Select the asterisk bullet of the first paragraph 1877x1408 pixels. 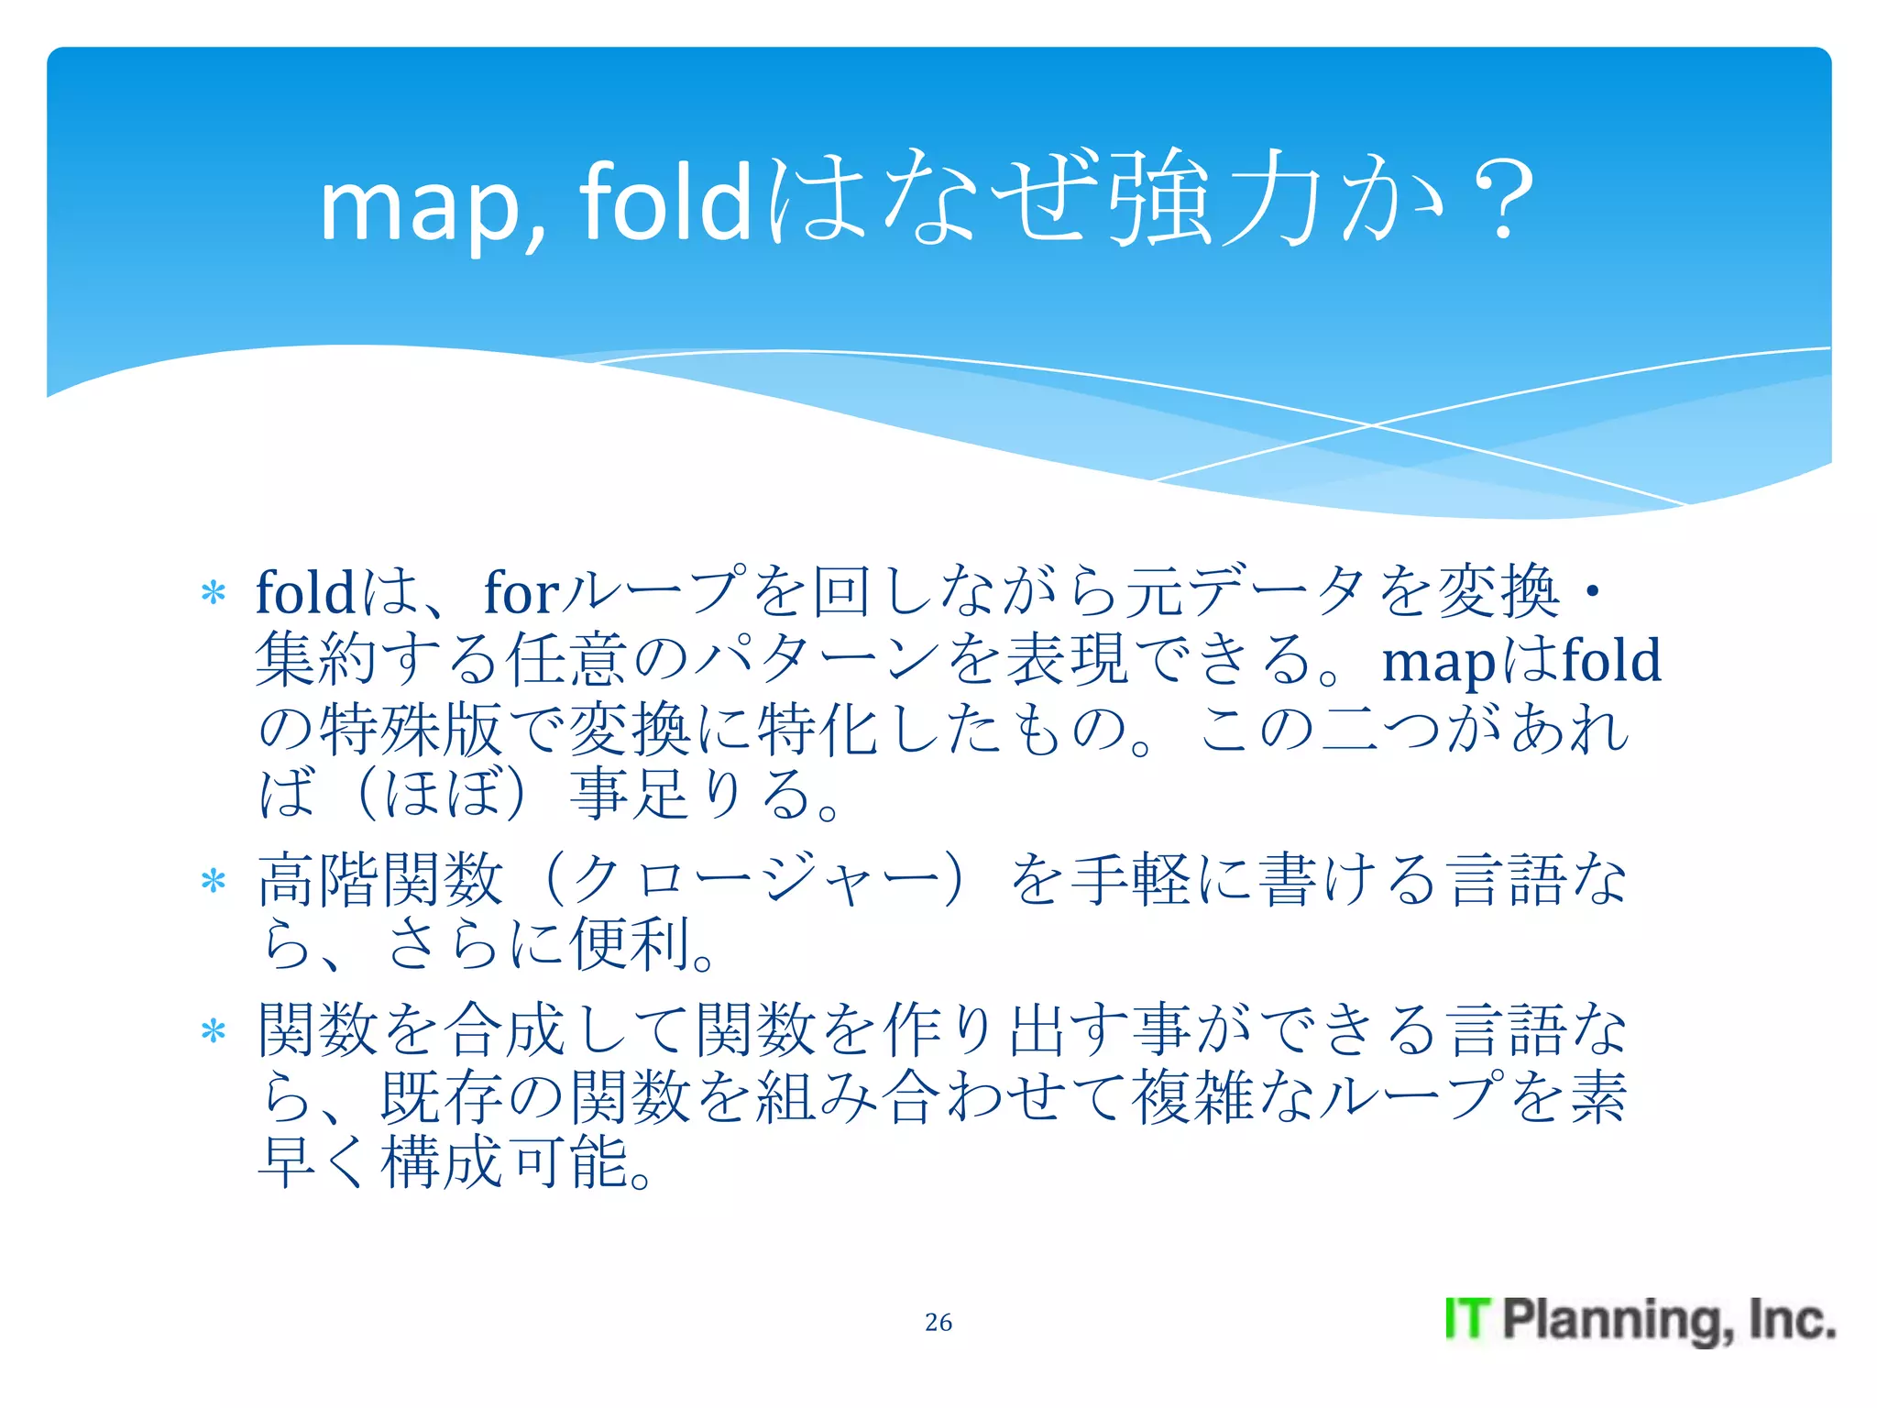pos(214,593)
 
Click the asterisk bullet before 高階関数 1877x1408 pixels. pos(214,881)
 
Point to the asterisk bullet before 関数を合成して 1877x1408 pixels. pos(214,1032)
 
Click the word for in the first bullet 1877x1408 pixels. pos(521,592)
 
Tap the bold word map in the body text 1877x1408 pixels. pos(1438,661)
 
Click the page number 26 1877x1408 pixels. pos(938,1322)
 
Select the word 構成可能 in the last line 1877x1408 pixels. pos(503,1162)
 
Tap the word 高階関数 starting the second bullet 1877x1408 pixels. pos(381,879)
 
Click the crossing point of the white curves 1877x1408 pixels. pos(1372,425)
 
